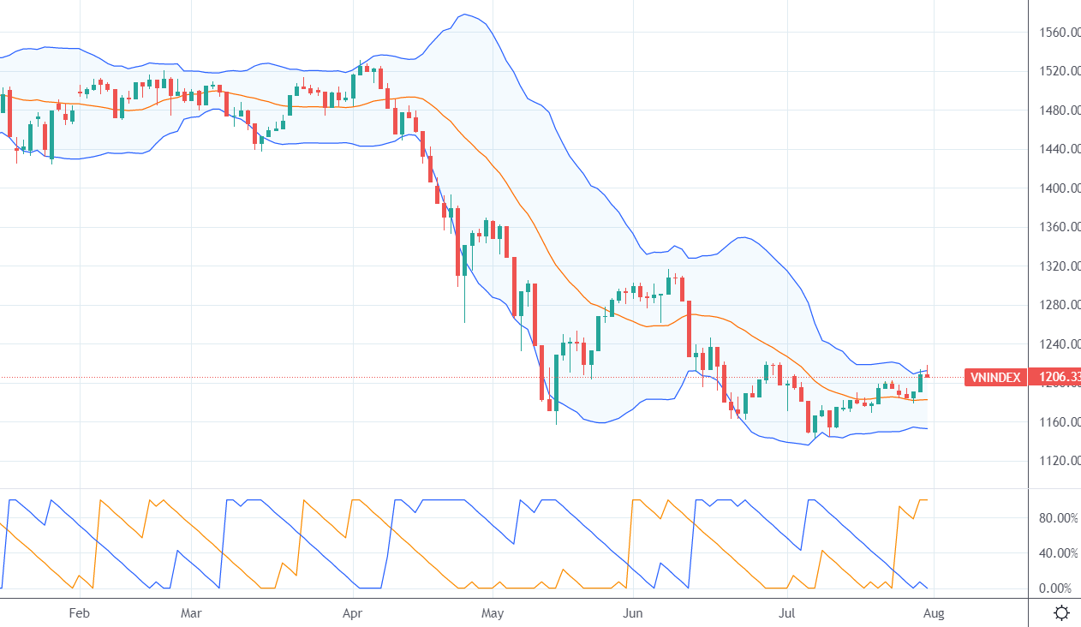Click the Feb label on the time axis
click(79, 613)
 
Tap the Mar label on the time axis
click(191, 613)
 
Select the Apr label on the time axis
click(353, 613)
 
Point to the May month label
click(493, 613)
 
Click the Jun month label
click(632, 613)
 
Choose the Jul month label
click(788, 613)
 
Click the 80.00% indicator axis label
click(1059, 518)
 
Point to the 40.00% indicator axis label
click(1059, 553)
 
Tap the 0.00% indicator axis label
click(1059, 588)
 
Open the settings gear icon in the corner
click(1062, 612)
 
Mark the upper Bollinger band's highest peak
click(463, 15)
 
